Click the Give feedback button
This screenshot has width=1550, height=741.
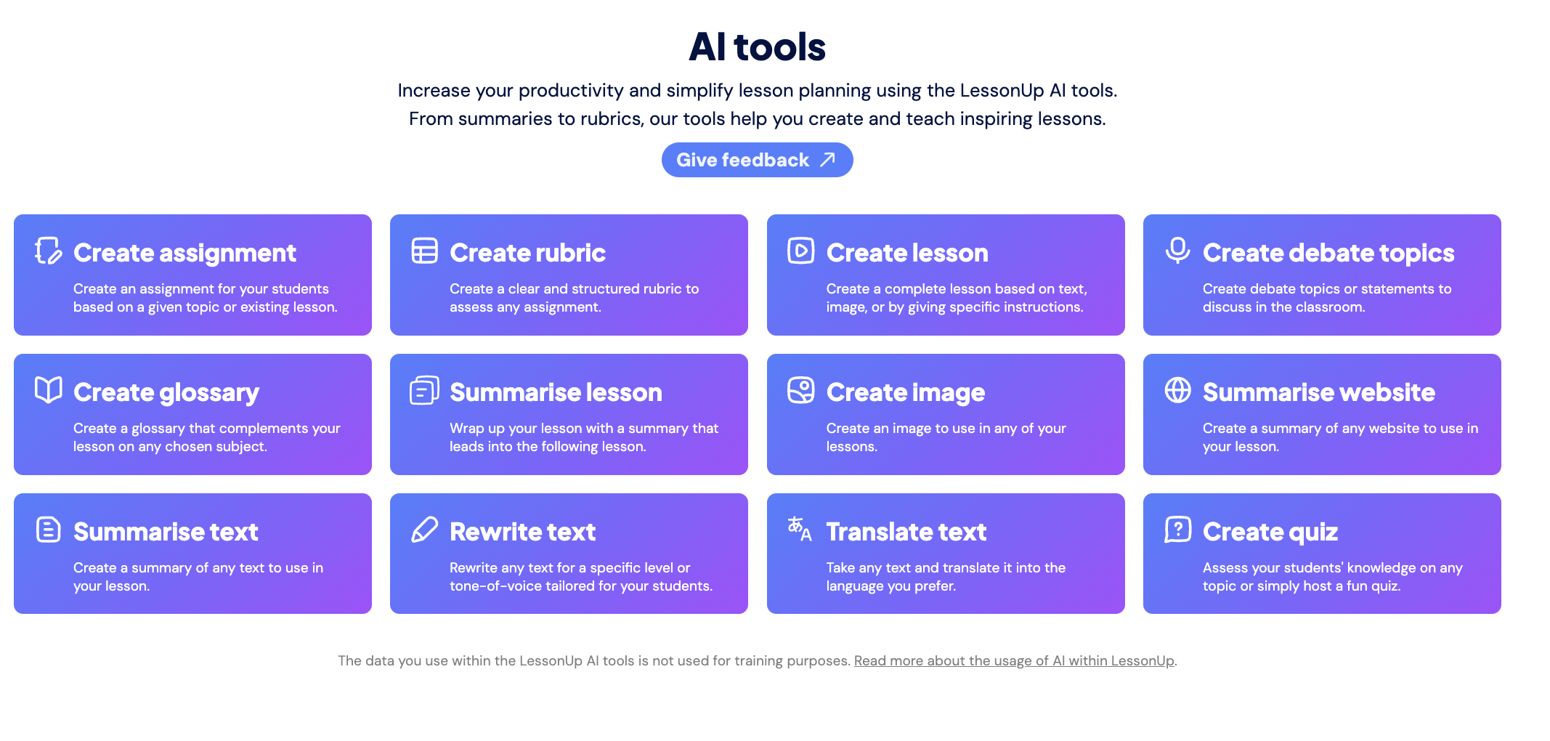(757, 160)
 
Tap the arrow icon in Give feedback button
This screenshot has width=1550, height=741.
(827, 160)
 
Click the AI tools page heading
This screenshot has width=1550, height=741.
(757, 47)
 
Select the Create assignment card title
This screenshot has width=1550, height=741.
(184, 253)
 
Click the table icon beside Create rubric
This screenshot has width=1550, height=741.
(424, 251)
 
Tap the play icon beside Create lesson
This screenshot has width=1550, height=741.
(800, 251)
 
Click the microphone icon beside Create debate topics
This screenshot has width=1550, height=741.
(1177, 251)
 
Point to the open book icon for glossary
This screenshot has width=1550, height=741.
(49, 390)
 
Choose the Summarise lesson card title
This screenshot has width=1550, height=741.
(556, 392)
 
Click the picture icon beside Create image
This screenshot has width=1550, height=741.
(800, 390)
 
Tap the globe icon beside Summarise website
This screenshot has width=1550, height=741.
(1177, 390)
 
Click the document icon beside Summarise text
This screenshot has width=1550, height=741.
(49, 530)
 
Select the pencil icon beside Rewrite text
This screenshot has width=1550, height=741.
(424, 530)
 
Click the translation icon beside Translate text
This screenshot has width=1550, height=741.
(800, 529)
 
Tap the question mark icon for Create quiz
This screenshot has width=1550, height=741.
(1177, 530)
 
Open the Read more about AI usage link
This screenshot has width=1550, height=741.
(1014, 660)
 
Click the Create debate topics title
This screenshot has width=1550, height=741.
(1328, 253)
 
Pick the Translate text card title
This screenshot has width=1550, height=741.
(906, 532)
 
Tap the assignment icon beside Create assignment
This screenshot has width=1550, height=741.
(49, 251)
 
